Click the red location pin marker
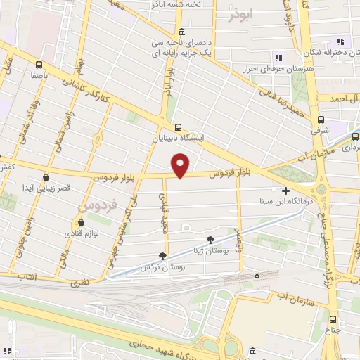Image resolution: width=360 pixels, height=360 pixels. pos(181,165)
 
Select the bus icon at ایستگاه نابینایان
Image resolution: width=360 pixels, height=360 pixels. pos(177,127)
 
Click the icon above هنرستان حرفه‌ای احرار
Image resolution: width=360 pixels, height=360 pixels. pos(278,58)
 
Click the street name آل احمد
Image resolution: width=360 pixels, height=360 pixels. pos(344,98)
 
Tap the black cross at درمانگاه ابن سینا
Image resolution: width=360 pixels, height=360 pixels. pos(285,191)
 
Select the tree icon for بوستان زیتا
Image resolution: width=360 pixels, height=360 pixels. pos(210,239)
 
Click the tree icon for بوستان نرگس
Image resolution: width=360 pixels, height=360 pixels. pos(163,257)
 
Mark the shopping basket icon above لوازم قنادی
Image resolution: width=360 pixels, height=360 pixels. pos(79,220)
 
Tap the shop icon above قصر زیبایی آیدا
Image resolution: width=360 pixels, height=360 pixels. pos(46,177)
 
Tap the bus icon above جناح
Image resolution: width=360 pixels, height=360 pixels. pos(332,317)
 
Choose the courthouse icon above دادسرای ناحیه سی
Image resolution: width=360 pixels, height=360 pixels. pos(182,31)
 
